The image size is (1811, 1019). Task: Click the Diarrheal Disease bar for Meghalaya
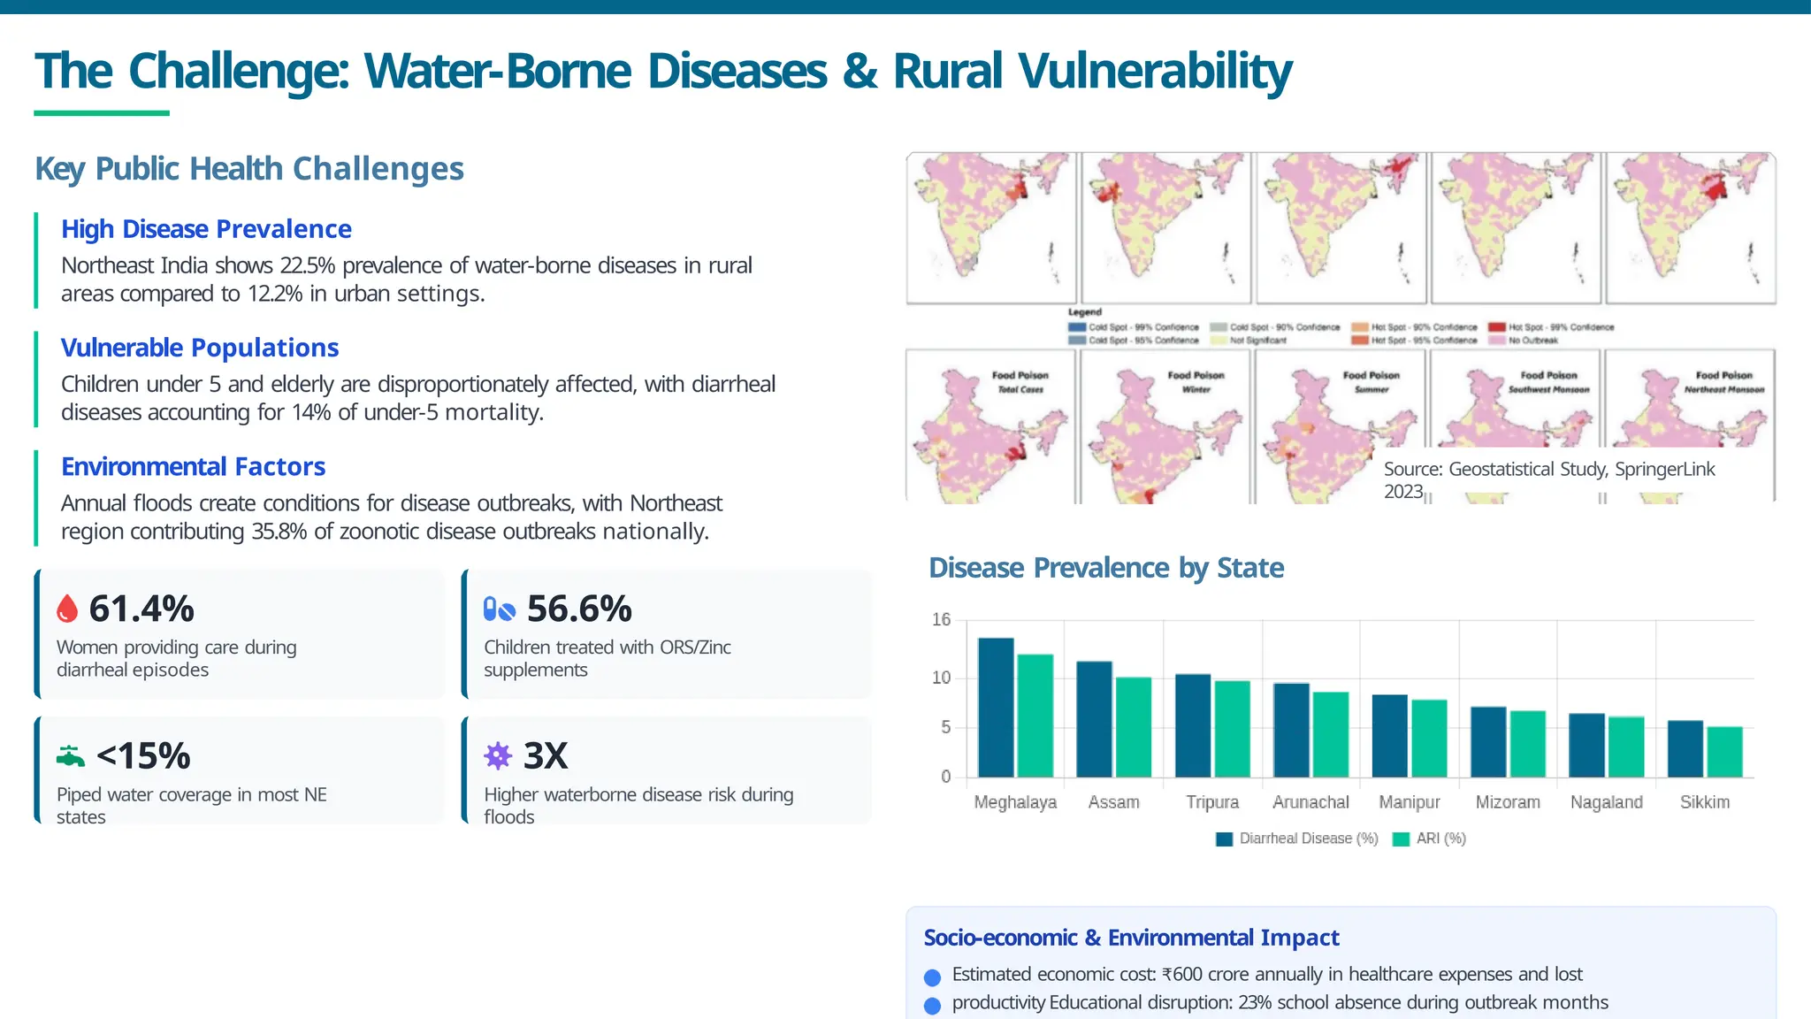996,708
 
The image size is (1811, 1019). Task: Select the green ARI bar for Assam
1134,727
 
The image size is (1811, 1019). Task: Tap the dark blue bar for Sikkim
1685,748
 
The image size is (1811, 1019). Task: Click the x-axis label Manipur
1409,802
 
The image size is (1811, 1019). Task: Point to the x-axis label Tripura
1211,802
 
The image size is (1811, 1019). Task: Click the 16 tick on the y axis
941,619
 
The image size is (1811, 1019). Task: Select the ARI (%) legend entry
1430,839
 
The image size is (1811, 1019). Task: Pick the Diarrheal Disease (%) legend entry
1297,839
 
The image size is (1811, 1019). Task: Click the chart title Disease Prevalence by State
1105,568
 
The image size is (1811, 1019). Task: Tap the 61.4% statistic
141,609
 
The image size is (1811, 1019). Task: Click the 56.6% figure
579,609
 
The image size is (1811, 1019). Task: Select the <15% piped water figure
143,756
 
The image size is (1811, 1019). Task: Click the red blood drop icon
67,609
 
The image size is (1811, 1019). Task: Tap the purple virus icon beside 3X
498,755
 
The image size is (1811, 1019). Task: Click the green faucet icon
70,756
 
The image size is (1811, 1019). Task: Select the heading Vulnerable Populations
200,348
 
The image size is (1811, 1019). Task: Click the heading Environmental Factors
193,466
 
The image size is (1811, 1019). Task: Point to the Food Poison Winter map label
1196,381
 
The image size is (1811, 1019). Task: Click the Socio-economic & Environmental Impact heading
1131,938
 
